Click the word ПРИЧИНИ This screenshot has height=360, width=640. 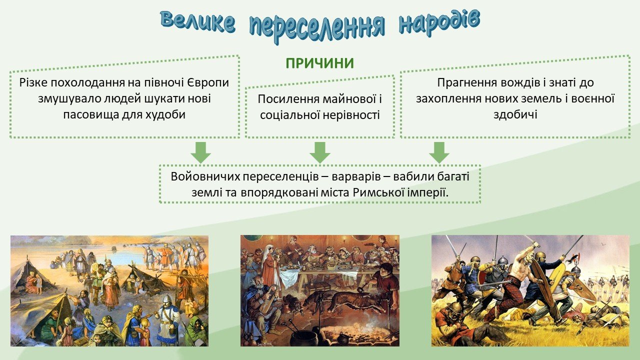319,63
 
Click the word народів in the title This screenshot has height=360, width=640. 439,23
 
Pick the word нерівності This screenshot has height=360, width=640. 351,115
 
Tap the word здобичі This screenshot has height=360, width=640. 515,114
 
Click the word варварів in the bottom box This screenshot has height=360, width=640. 356,176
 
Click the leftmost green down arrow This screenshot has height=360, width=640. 201,152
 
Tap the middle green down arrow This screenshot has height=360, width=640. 320,152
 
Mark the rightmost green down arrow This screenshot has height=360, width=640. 439,152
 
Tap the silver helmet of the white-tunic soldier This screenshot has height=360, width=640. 166,299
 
